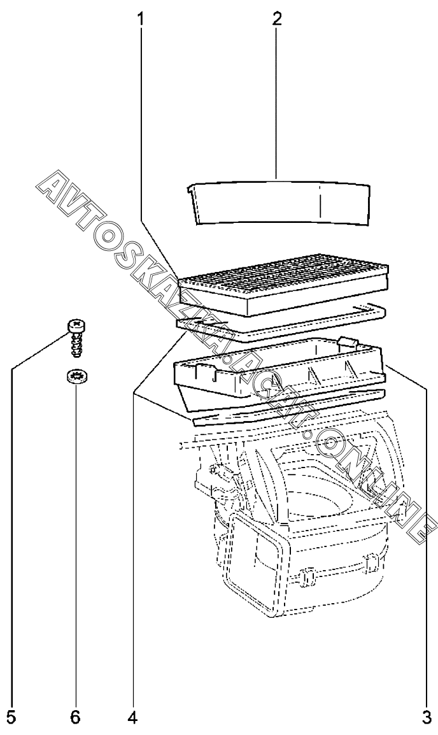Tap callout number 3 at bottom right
point(426,718)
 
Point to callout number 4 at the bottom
point(132,718)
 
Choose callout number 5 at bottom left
point(12,718)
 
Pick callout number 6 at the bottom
point(76,718)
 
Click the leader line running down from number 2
point(276,96)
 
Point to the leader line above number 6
point(76,541)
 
